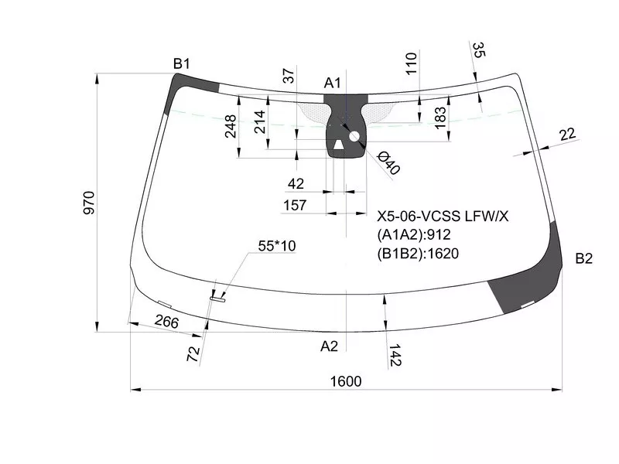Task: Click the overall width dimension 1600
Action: pyautogui.click(x=346, y=381)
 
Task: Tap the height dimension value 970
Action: pyautogui.click(x=89, y=203)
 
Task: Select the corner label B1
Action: pyautogui.click(x=182, y=63)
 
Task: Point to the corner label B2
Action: pyautogui.click(x=584, y=258)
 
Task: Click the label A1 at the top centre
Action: pyautogui.click(x=332, y=83)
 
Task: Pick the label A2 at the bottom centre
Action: pyautogui.click(x=330, y=346)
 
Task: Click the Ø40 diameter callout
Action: pyautogui.click(x=388, y=162)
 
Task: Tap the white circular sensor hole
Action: pyautogui.click(x=354, y=137)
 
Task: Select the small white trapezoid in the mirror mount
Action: pyautogui.click(x=339, y=145)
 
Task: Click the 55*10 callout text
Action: pyautogui.click(x=277, y=246)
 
